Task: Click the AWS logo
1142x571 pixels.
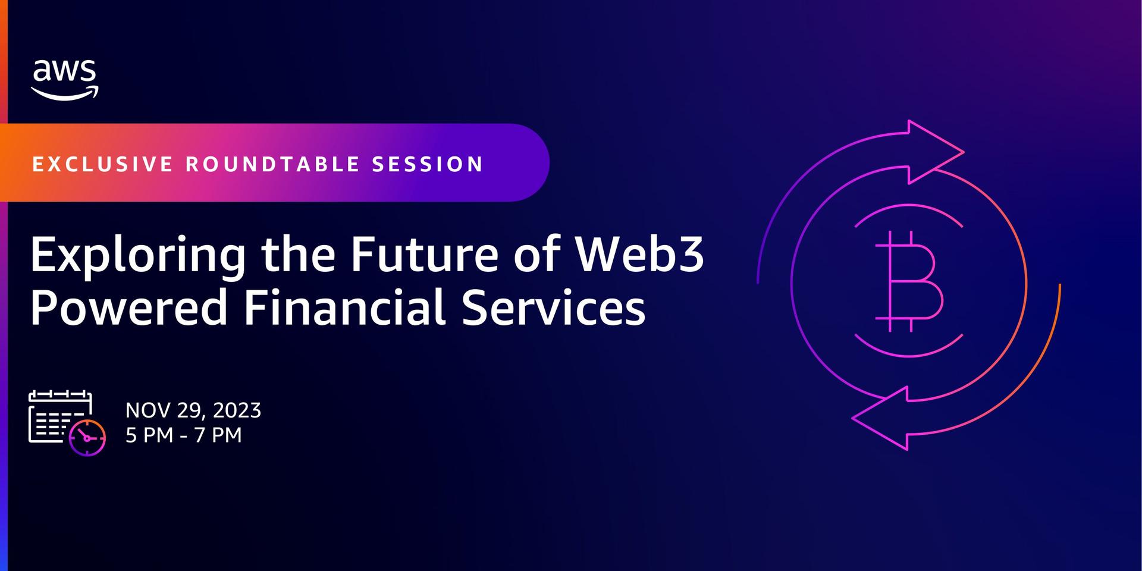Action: pyautogui.click(x=65, y=80)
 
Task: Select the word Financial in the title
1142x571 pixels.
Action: pyautogui.click(x=345, y=308)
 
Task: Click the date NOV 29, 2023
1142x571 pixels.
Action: pyautogui.click(x=193, y=410)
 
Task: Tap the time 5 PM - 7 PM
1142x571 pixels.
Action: pyautogui.click(x=184, y=435)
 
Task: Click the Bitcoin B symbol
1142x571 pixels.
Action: pyautogui.click(x=909, y=281)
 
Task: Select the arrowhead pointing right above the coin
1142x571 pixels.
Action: pyautogui.click(x=934, y=152)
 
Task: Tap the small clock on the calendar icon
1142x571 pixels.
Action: pyautogui.click(x=87, y=438)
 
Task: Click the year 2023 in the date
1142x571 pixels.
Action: pyautogui.click(x=237, y=410)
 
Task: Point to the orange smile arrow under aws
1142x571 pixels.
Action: pyautogui.click(x=65, y=94)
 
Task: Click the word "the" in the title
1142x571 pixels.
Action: pyautogui.click(x=297, y=254)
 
